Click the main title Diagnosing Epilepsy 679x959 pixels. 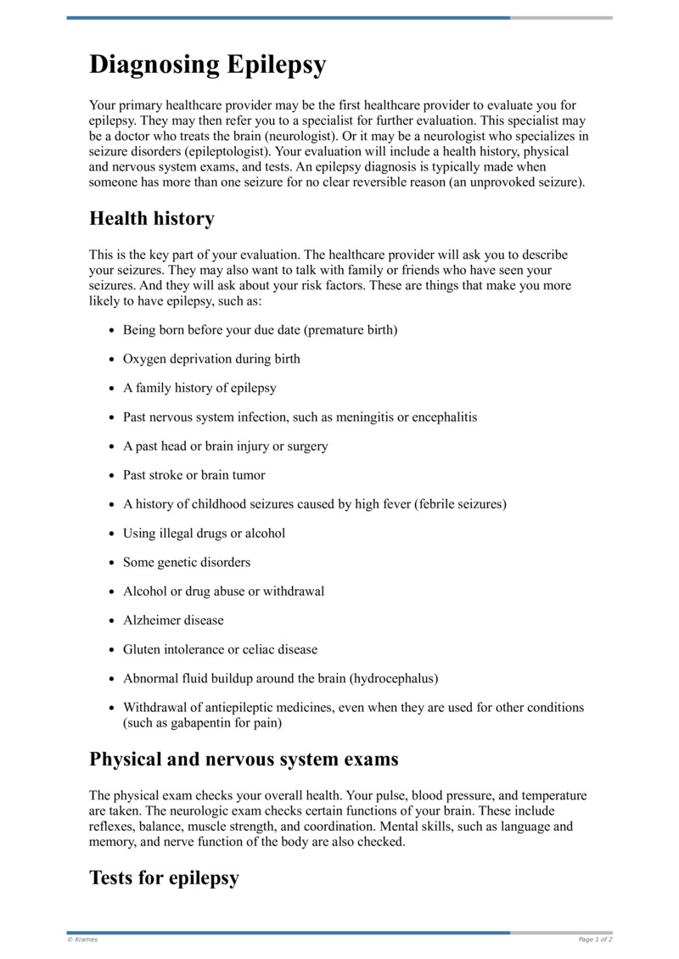point(207,65)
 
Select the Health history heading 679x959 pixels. point(151,218)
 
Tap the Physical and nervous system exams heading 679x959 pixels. point(244,759)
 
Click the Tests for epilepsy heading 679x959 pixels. point(164,878)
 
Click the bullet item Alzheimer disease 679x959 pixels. point(173,620)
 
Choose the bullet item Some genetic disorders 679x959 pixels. point(187,563)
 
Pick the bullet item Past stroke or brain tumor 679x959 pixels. point(194,475)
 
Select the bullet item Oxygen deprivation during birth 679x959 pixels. point(211,359)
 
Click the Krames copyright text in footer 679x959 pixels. point(82,939)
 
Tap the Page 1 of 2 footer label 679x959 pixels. point(595,939)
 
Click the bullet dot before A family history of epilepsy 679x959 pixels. point(112,389)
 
